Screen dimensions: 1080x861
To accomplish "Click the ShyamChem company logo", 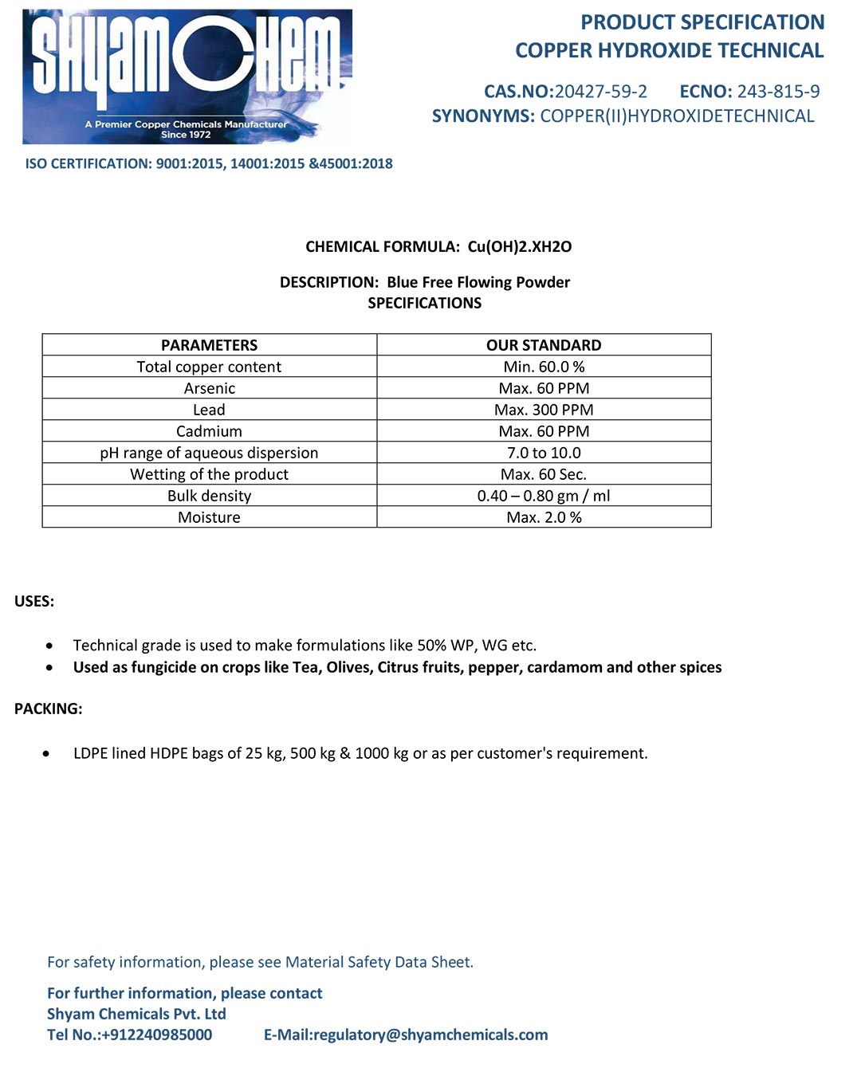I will pos(187,77).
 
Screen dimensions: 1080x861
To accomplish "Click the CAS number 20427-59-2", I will pos(600,92).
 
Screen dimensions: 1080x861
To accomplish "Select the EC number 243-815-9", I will pos(778,92).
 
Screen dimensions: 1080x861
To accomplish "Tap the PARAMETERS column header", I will pos(209,345).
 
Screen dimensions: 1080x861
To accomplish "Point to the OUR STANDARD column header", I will pos(544,345).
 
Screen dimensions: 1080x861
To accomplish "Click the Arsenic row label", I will pos(209,388).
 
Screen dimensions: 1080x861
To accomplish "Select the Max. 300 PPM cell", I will pos(544,410).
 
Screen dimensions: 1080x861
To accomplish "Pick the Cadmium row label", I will pos(209,431).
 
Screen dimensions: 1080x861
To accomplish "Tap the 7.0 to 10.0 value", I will pos(544,453).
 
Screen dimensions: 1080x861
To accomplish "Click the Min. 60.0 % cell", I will pos(544,367).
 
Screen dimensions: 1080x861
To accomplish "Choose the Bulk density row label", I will pos(209,496).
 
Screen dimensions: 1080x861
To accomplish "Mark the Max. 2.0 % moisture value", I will pos(544,517).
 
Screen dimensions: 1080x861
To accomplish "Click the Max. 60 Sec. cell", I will pos(544,474).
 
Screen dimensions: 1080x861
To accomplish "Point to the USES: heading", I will pos(34,602).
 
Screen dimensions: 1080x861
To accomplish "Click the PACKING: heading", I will pos(48,709).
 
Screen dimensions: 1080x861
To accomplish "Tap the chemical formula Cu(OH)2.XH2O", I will pos(519,247).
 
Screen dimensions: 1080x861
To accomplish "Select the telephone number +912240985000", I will pos(157,1035).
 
